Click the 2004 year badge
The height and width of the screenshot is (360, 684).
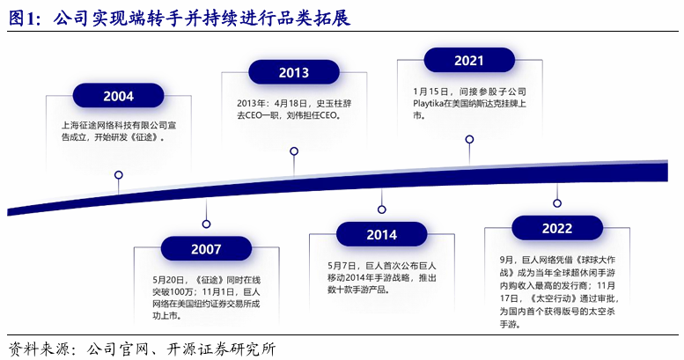(x=118, y=96)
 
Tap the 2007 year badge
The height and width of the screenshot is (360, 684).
(x=206, y=249)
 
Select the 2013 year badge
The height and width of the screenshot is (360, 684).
(x=293, y=72)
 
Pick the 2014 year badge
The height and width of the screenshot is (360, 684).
(x=382, y=234)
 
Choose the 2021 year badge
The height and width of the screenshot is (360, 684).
(x=469, y=60)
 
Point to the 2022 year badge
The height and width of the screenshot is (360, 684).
(x=557, y=228)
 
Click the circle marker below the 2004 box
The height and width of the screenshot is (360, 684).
(x=118, y=175)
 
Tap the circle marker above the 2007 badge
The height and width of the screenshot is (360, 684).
(x=206, y=224)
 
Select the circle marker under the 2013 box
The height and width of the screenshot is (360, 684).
(x=294, y=151)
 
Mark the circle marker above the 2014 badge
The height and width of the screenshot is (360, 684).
(x=382, y=209)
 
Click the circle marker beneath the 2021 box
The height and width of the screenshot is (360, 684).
(x=469, y=139)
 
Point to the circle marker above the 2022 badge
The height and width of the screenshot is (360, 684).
(x=557, y=203)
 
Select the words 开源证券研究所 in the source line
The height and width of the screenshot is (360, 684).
(x=222, y=349)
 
